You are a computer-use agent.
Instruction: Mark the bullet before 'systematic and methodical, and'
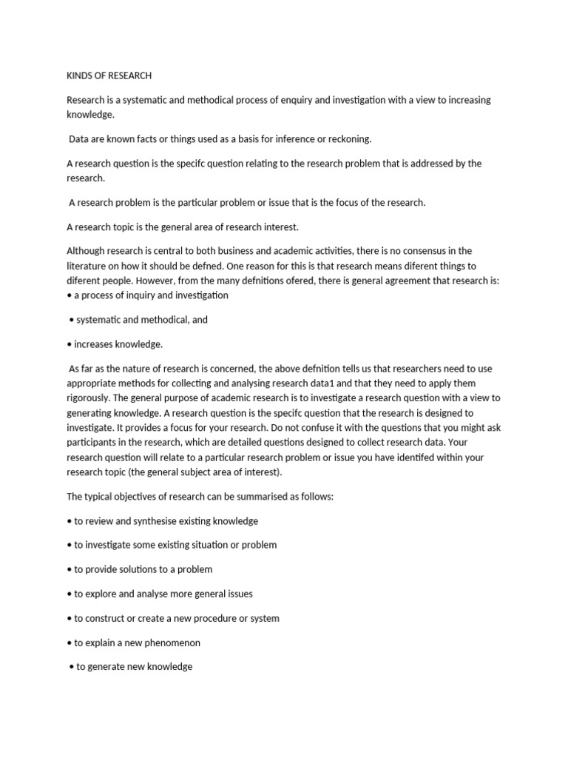point(71,320)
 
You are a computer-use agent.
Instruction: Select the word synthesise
point(162,521)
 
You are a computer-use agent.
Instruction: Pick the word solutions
point(135,569)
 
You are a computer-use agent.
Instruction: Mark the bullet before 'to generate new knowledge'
point(71,666)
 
